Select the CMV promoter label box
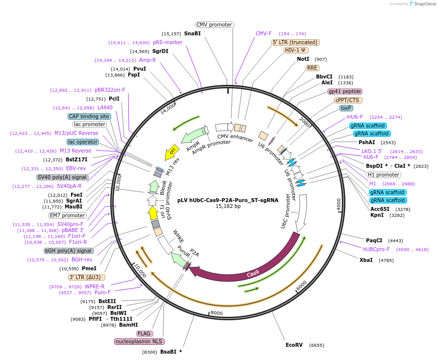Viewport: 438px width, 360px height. tap(214, 25)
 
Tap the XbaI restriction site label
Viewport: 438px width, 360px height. tap(365, 260)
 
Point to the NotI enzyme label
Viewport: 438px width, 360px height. tap(303, 59)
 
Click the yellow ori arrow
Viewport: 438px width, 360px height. tap(172, 152)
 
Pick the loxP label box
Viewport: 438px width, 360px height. tap(346, 108)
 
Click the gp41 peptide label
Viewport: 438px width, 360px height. tap(345, 91)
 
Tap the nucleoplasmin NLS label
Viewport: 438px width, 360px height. tap(140, 341)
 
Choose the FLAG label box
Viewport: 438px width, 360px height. tap(145, 334)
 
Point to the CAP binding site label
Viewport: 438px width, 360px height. tap(89, 116)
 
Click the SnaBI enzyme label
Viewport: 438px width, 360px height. tap(193, 33)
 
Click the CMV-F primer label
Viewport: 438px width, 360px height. tap(264, 33)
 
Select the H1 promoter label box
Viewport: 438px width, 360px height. tap(384, 175)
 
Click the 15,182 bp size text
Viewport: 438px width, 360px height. tap(228, 206)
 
